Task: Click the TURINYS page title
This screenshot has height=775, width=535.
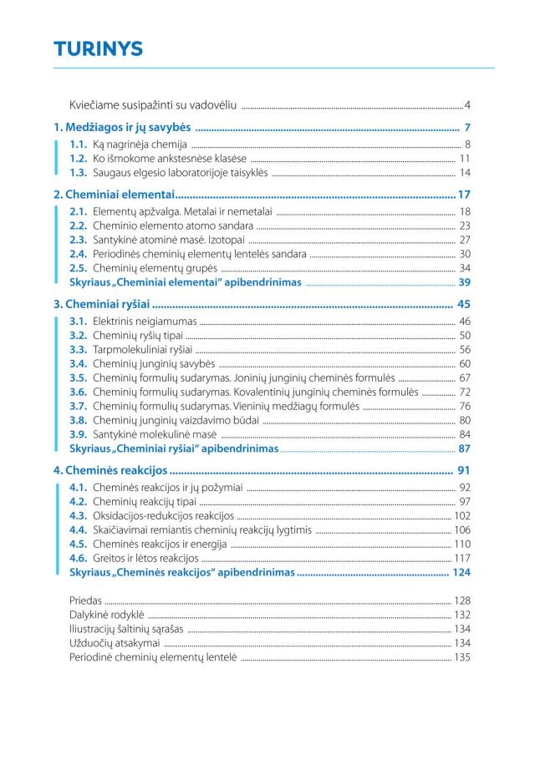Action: coord(99,49)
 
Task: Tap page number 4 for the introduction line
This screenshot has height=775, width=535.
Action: coord(468,106)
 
